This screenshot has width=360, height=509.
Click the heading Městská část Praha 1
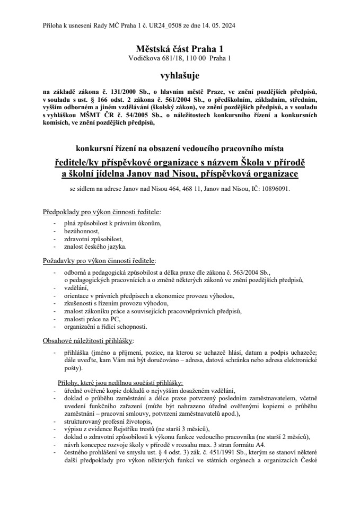pos(180,48)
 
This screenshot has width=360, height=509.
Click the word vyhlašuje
pos(180,76)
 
